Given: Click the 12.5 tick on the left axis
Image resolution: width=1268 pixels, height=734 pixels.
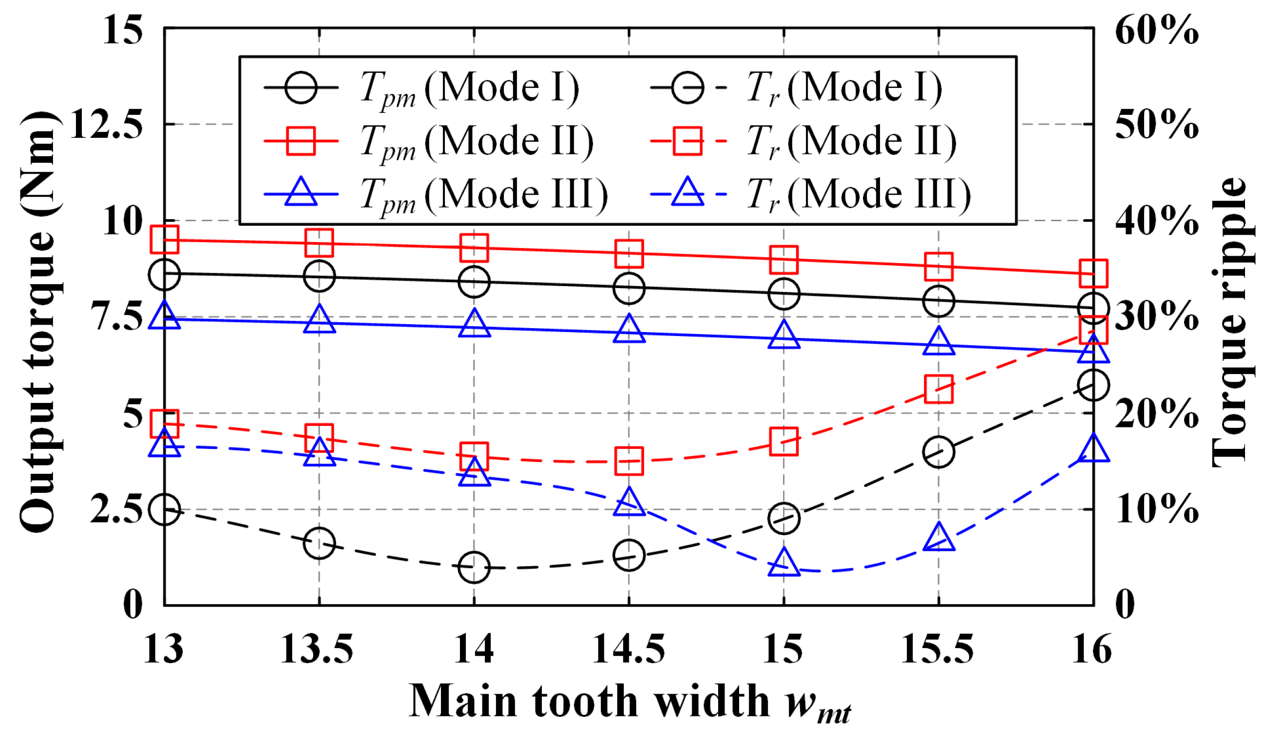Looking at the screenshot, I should click(106, 124).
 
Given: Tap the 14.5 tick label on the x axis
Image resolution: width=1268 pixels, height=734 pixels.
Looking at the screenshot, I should click(629, 650).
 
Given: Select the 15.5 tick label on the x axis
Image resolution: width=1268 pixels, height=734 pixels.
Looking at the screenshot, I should click(938, 650).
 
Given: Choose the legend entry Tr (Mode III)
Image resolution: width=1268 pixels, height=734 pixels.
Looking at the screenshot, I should click(858, 194).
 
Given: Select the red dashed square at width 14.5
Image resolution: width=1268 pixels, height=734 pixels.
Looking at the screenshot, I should click(629, 460).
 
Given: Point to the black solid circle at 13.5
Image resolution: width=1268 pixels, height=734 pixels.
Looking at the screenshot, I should click(319, 276).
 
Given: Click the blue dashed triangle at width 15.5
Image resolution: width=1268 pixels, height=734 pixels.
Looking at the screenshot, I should click(938, 537).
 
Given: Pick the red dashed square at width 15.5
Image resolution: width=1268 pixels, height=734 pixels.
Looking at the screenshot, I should click(938, 388).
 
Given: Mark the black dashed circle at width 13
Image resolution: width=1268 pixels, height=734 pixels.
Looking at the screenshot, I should click(164, 509).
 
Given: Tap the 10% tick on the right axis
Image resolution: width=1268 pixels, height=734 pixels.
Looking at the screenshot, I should click(1157, 509).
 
